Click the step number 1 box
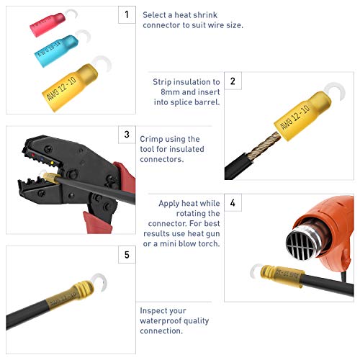pyautogui.click(x=127, y=14)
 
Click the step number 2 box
pyautogui.click(x=233, y=81)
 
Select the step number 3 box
pyautogui.click(x=127, y=135)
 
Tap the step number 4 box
pyautogui.click(x=233, y=203)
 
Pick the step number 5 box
pyautogui.click(x=127, y=255)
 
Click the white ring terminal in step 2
pyautogui.click(x=329, y=93)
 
